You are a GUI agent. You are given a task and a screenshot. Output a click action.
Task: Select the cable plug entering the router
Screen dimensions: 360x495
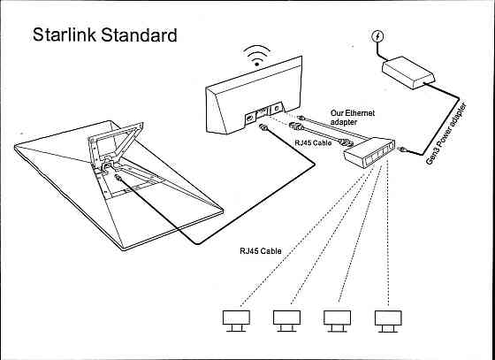(x=263, y=129)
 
